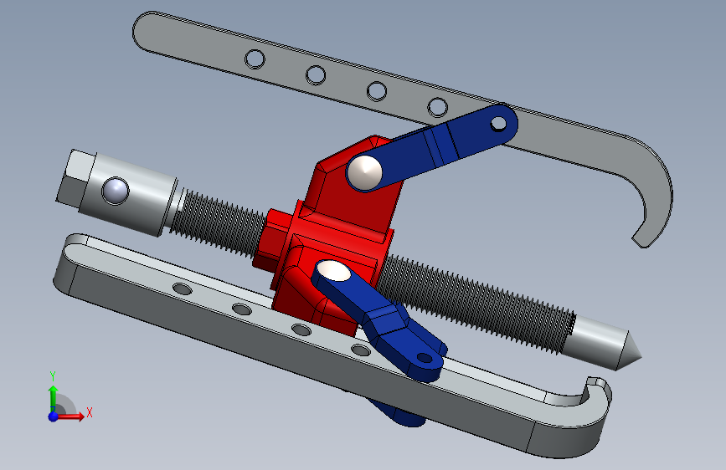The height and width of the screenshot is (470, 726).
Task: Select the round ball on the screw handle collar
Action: tap(116, 191)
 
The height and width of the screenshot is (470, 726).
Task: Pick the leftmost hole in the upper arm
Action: tap(255, 59)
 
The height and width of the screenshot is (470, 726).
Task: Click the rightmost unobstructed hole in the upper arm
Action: tap(438, 107)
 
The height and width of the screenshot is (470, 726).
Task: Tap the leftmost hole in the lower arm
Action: tap(183, 289)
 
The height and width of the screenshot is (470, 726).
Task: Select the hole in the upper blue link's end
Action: tap(499, 124)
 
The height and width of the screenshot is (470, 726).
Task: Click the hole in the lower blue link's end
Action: tap(425, 358)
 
